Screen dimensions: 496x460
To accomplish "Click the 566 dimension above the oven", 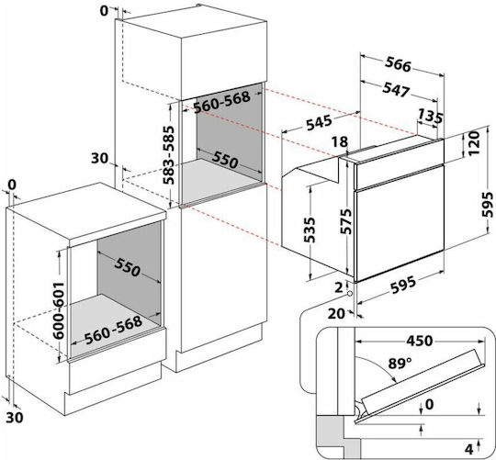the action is [x=399, y=64].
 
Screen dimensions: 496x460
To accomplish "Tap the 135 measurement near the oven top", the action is [x=430, y=117].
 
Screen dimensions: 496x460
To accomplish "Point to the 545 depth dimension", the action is [x=320, y=122].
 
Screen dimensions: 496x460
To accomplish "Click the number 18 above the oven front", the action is [x=340, y=142].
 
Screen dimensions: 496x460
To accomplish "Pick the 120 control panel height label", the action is [x=474, y=143].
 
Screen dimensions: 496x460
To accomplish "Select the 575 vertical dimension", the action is [x=346, y=221].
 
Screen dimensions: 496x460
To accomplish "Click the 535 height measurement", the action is [x=310, y=230].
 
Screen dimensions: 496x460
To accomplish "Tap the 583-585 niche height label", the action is [x=169, y=155].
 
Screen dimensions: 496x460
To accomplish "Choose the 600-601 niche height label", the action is [x=59, y=310].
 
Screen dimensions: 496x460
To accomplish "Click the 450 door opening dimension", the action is [x=419, y=341].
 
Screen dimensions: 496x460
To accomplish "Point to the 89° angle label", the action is [x=400, y=364].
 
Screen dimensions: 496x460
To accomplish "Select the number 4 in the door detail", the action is [x=468, y=449].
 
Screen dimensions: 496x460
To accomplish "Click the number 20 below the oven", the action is [x=336, y=314].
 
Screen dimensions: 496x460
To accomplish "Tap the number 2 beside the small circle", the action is [x=339, y=287].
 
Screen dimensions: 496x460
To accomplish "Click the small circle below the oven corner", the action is [x=350, y=294].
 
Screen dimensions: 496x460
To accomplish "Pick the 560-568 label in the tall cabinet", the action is [x=221, y=102].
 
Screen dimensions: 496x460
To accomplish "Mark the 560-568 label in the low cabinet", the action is [x=113, y=330].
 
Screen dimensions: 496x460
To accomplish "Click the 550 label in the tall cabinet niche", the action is [x=225, y=160].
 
